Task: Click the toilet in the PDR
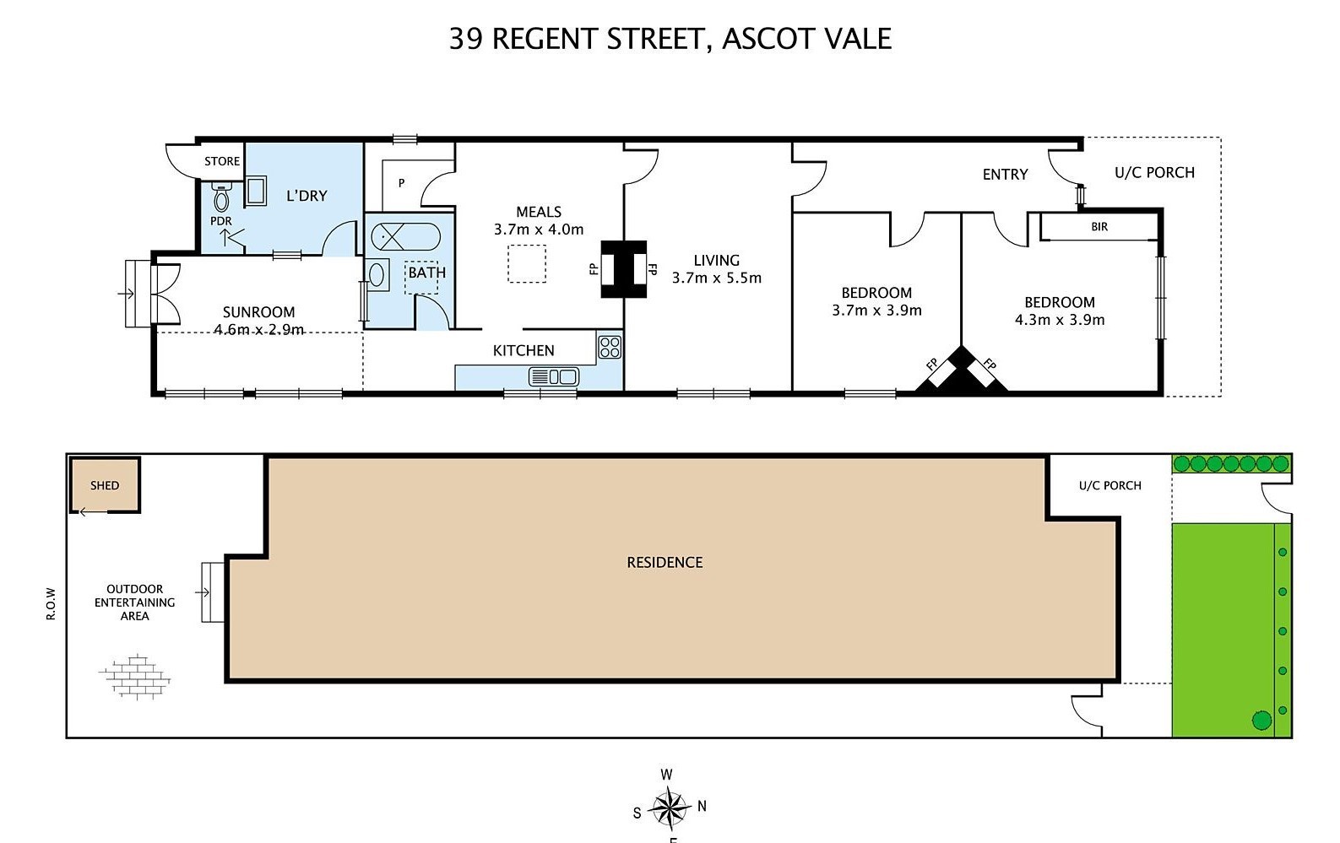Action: pyautogui.click(x=221, y=197)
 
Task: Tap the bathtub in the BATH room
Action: pyautogui.click(x=405, y=237)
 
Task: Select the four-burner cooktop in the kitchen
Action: pyautogui.click(x=610, y=348)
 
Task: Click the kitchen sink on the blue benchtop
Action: pyautogui.click(x=553, y=376)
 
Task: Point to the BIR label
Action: pyautogui.click(x=1099, y=227)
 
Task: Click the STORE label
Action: pyautogui.click(x=222, y=161)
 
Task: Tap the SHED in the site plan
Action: pyautogui.click(x=106, y=485)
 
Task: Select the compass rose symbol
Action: pyautogui.click(x=670, y=807)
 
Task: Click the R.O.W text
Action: pyautogui.click(x=51, y=603)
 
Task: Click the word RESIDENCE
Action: pyautogui.click(x=665, y=562)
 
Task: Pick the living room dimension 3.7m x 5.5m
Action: pyautogui.click(x=717, y=278)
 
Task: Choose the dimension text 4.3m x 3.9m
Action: pyautogui.click(x=1060, y=320)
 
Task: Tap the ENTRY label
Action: pyautogui.click(x=1005, y=174)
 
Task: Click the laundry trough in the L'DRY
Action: pyautogui.click(x=256, y=191)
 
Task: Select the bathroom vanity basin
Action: pyautogui.click(x=377, y=275)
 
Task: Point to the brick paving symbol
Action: pyautogui.click(x=135, y=677)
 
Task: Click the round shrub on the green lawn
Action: pyautogui.click(x=1261, y=721)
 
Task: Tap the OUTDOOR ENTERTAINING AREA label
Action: pyautogui.click(x=134, y=602)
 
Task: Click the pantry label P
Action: pyautogui.click(x=401, y=183)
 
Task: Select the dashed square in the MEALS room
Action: pyautogui.click(x=527, y=263)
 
